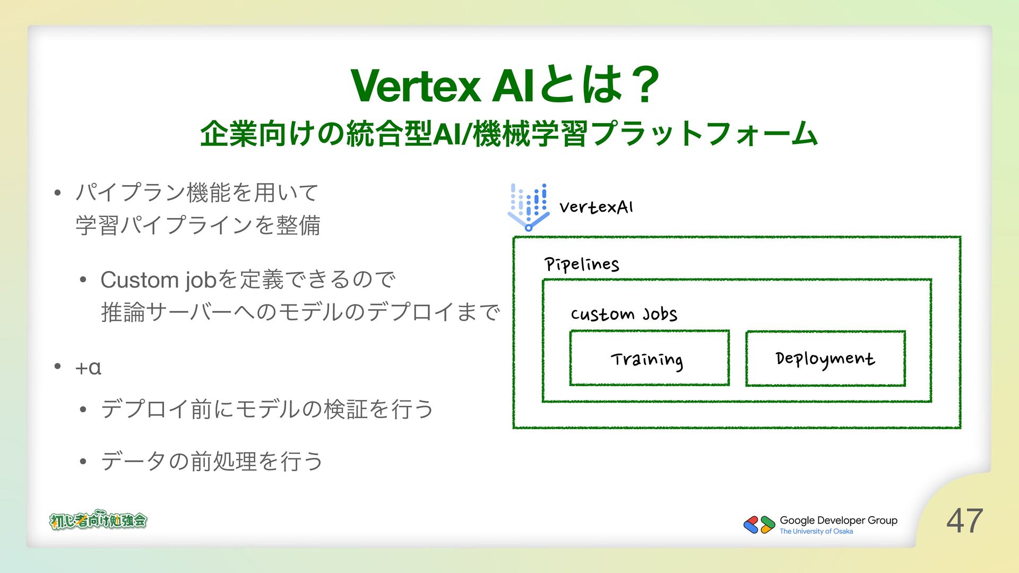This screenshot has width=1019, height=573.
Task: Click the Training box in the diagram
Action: pyautogui.click(x=649, y=359)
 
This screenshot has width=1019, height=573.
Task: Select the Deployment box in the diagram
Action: pyautogui.click(x=825, y=359)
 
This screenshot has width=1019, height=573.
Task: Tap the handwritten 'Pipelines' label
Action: pyautogui.click(x=582, y=264)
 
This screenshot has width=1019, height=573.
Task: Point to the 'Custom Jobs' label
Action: pyautogui.click(x=624, y=314)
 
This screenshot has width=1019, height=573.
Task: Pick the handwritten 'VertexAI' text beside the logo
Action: pyautogui.click(x=596, y=207)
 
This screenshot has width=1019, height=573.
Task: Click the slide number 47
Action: pyautogui.click(x=964, y=520)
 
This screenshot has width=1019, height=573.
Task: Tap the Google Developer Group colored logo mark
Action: pyautogui.click(x=759, y=525)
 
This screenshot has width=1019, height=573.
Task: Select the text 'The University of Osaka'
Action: pyautogui.click(x=816, y=532)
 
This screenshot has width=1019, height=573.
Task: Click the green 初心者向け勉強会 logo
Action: pyautogui.click(x=98, y=520)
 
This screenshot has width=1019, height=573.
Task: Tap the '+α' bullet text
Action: pyautogui.click(x=88, y=367)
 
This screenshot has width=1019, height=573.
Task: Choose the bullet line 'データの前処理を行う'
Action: pyautogui.click(x=212, y=461)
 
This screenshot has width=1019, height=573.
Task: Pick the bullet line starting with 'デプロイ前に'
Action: pyautogui.click(x=267, y=409)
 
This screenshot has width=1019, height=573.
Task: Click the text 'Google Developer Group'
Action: pyautogui.click(x=839, y=520)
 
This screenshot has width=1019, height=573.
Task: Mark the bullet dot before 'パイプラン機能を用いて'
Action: pyautogui.click(x=58, y=193)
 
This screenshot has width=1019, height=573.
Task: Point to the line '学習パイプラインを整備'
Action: pyautogui.click(x=198, y=225)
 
